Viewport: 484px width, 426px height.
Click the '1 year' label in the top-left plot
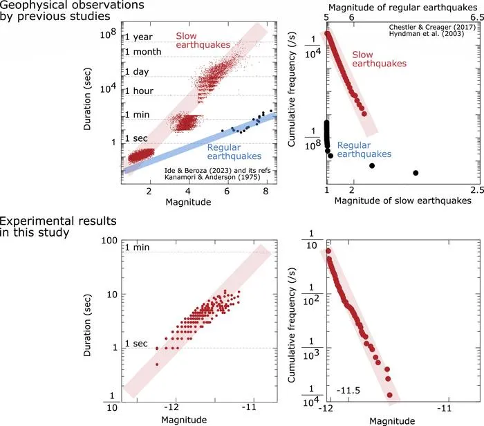point(139,37)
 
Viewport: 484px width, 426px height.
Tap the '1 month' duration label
point(143,52)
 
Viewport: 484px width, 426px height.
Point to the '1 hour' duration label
point(139,91)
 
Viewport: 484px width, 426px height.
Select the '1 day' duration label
point(137,72)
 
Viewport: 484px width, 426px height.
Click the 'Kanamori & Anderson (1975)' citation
point(212,177)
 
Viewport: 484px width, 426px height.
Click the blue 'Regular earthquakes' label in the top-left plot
point(234,151)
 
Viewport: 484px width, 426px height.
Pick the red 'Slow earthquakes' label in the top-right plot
point(380,59)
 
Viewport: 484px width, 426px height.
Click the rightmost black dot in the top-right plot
point(416,173)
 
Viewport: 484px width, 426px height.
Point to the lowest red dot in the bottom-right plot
point(389,395)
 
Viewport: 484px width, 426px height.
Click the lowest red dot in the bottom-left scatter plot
point(157,364)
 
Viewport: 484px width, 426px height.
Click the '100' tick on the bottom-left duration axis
point(109,241)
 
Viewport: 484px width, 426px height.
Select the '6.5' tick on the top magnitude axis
point(477,17)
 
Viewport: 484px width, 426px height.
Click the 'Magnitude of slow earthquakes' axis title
point(403,201)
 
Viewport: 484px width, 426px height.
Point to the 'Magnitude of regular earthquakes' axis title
point(403,8)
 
